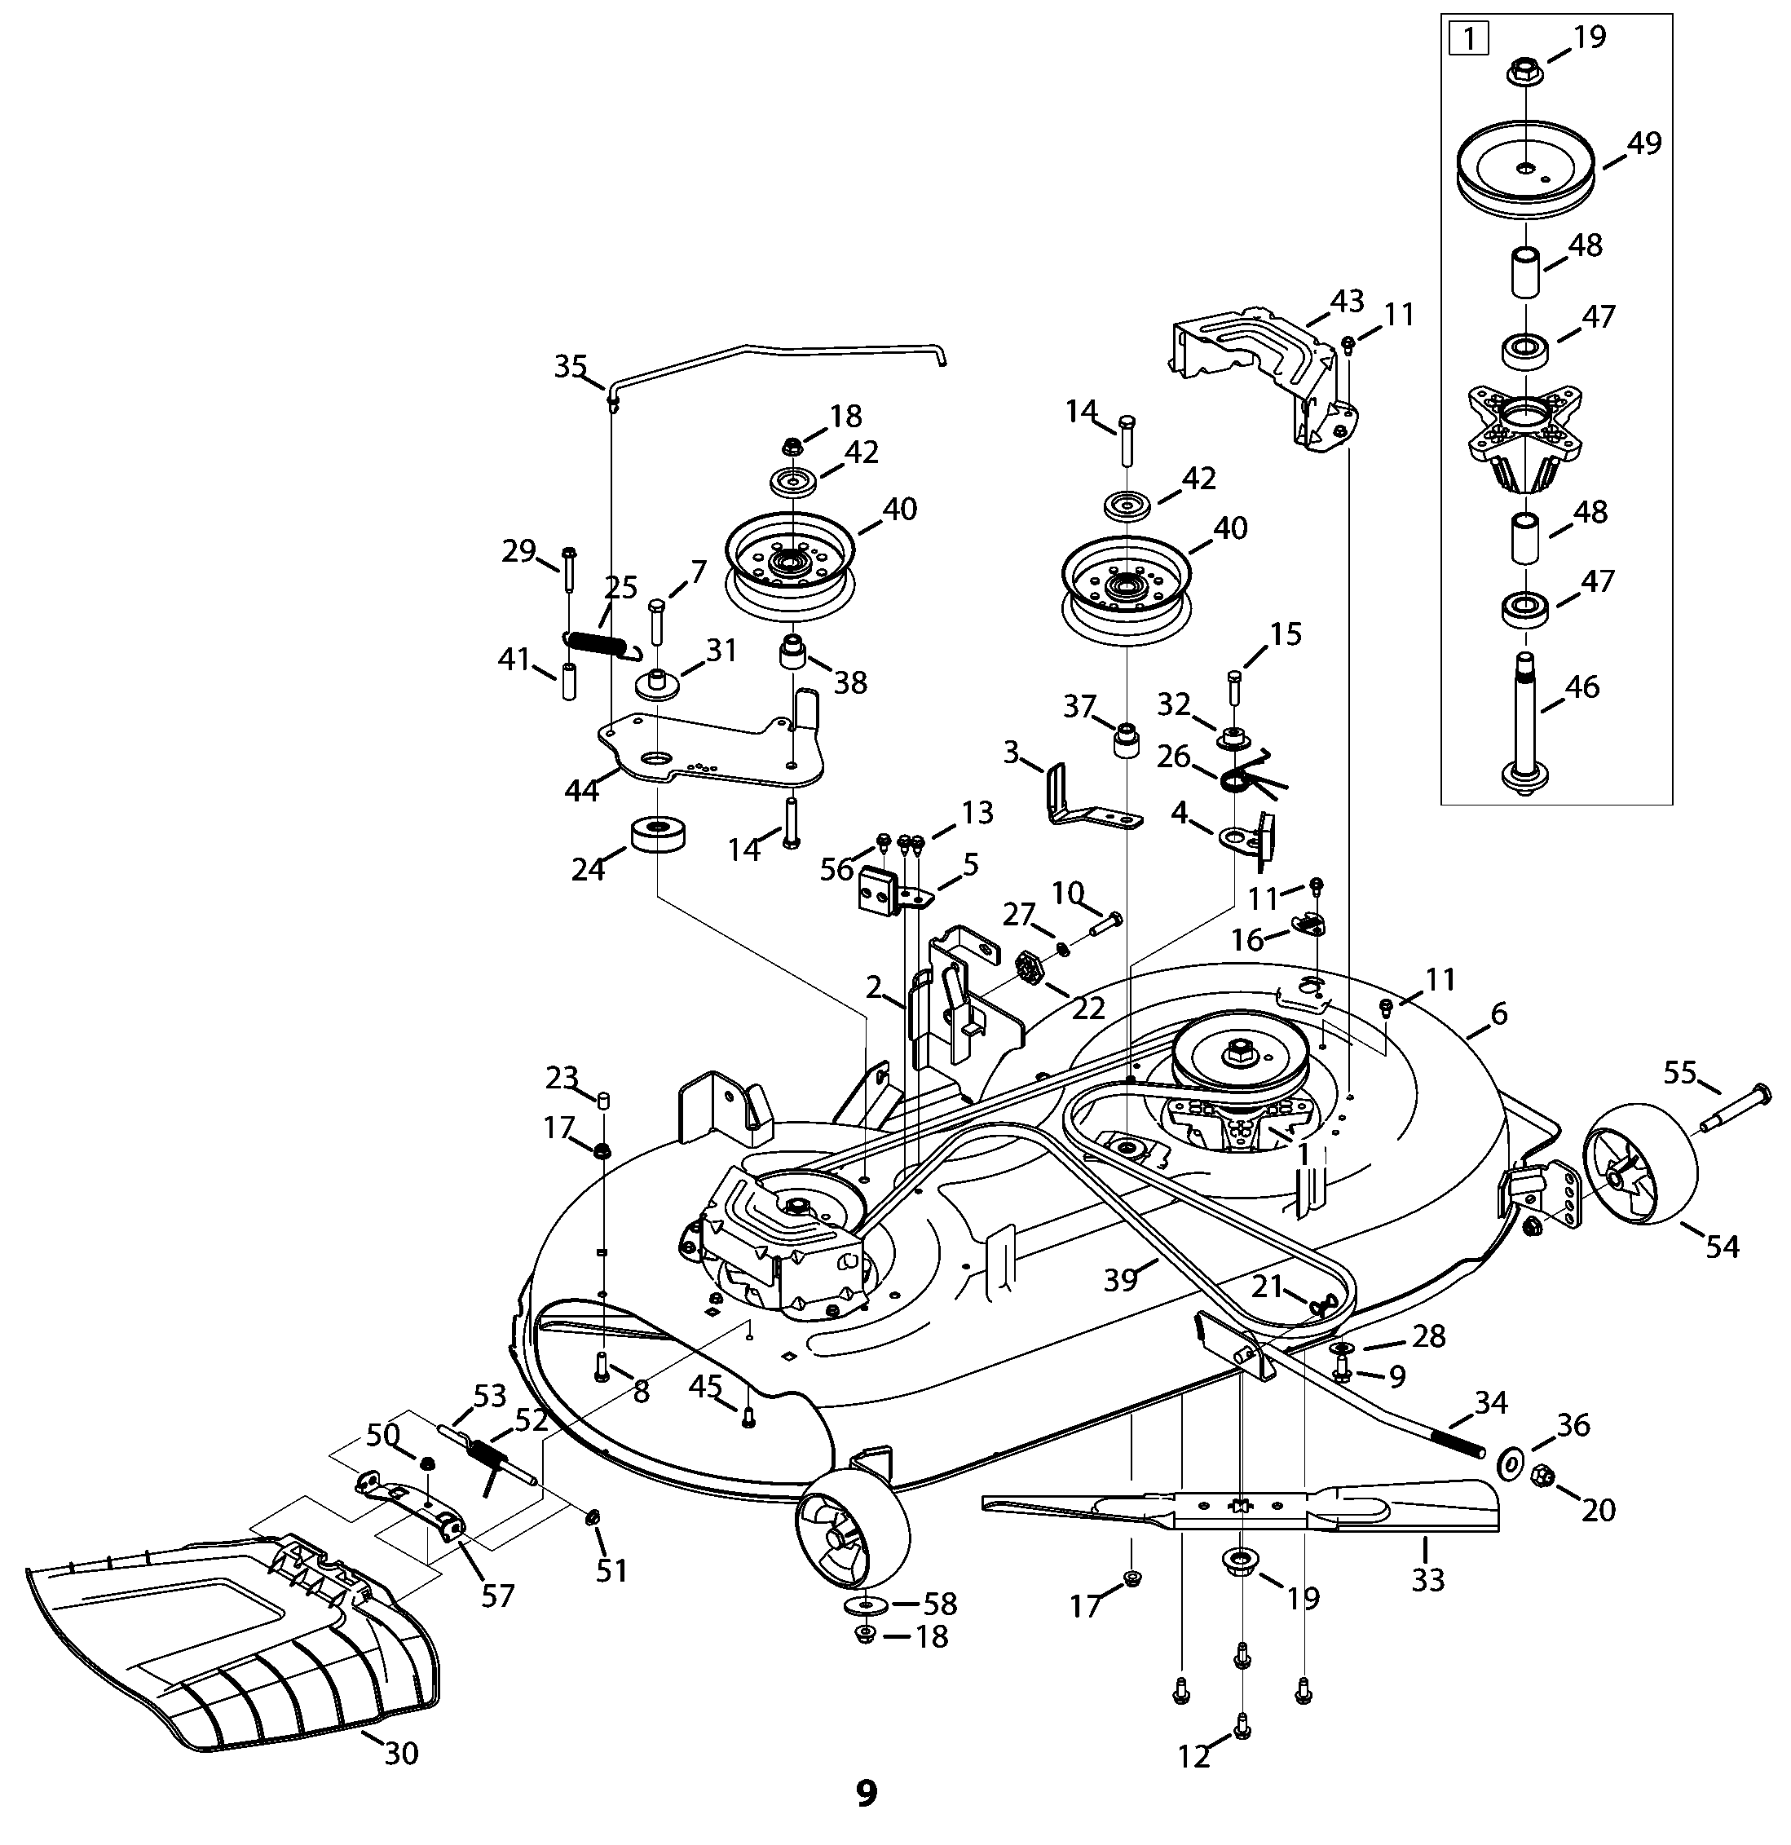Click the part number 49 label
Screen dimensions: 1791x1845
(1643, 144)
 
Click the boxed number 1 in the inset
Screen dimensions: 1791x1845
(1469, 42)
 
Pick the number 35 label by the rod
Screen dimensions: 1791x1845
(571, 366)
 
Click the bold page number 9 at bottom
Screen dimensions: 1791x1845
(866, 1793)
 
